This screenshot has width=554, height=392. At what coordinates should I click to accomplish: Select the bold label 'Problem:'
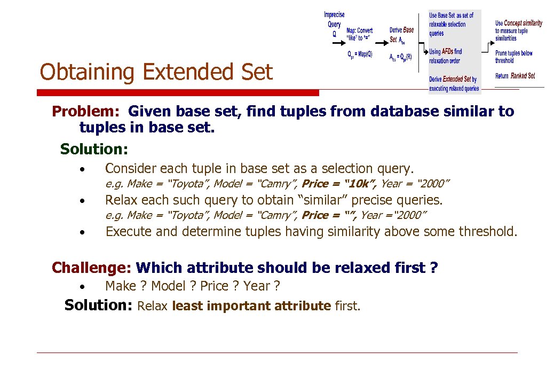[88, 112]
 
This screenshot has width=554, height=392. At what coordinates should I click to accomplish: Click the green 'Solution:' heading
[94, 148]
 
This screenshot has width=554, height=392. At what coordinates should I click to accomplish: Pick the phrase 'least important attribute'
[251, 306]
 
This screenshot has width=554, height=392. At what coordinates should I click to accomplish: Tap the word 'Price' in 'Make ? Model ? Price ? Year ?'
[214, 286]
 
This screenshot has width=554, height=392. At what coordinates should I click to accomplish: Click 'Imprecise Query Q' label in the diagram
[335, 24]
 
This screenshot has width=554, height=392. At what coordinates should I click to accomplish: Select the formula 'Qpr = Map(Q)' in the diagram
[360, 54]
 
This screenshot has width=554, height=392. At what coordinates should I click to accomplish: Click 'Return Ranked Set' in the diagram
[515, 76]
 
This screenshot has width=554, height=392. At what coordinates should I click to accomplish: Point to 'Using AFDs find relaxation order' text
[446, 56]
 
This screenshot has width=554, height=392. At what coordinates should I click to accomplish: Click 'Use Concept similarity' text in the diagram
[518, 23]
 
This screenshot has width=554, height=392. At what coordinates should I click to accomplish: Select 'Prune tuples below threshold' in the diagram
[513, 57]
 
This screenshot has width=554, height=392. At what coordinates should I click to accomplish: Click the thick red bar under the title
[178, 93]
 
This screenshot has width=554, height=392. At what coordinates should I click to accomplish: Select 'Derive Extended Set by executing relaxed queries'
[454, 84]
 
